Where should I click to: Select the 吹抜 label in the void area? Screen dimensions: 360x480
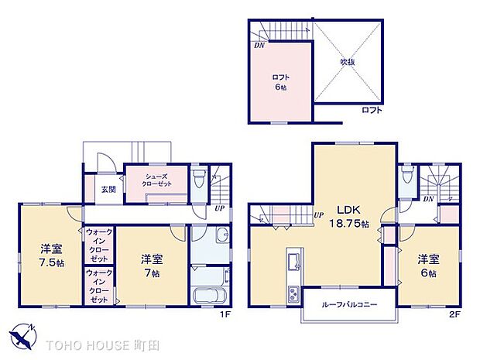pyautogui.click(x=348, y=61)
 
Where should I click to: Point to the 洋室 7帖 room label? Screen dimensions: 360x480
pyautogui.click(x=150, y=266)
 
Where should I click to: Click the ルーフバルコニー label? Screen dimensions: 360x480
pyautogui.click(x=350, y=305)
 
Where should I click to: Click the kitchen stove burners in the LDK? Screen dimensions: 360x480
pyautogui.click(x=293, y=293)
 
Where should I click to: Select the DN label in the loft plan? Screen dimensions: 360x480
pyautogui.click(x=259, y=44)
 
